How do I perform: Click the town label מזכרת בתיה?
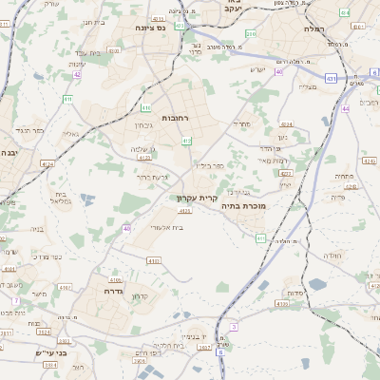click(243, 205)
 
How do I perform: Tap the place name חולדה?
click(332, 256)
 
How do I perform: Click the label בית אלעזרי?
click(166, 227)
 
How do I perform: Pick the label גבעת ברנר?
click(153, 177)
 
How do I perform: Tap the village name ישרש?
click(257, 68)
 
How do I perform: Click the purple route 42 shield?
click(77, 74)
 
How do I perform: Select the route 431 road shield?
click(331, 78)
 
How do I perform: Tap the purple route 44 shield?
click(347, 108)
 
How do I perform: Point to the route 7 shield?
click(16, 300)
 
